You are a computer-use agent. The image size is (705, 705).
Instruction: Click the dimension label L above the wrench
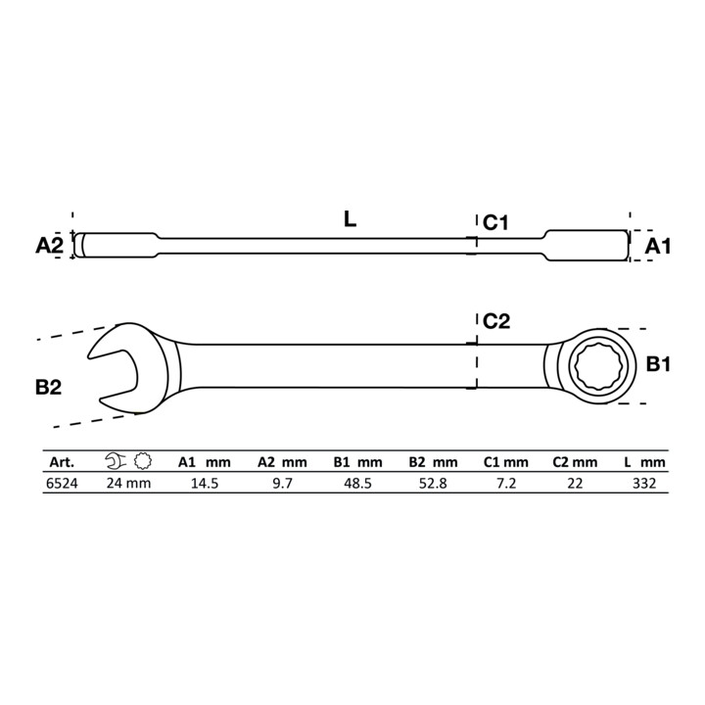350,219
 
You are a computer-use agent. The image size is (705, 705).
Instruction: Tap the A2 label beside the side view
50,246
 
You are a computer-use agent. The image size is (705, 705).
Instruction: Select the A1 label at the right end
658,247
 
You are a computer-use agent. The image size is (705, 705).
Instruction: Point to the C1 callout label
495,222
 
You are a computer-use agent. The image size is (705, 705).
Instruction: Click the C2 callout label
496,321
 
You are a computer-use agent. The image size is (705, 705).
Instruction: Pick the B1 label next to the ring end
658,364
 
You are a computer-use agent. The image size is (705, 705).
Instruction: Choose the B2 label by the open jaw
49,387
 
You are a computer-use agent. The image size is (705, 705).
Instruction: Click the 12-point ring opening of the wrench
596,366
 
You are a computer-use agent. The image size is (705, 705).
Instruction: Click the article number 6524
62,484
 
